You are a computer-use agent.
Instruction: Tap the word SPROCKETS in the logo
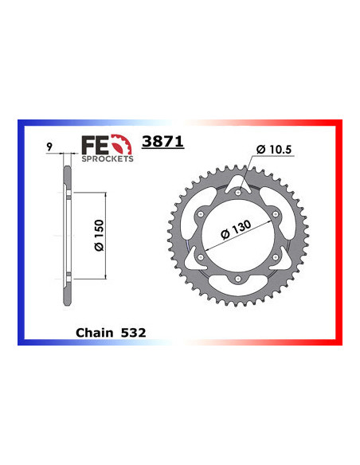[108, 158]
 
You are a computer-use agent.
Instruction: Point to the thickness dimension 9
[49, 147]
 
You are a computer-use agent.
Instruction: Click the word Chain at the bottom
[95, 328]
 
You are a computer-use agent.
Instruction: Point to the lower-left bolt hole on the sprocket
[201, 256]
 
